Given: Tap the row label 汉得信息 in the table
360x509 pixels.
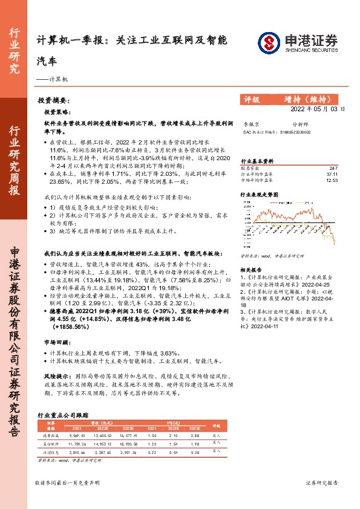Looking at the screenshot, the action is point(48,452).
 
